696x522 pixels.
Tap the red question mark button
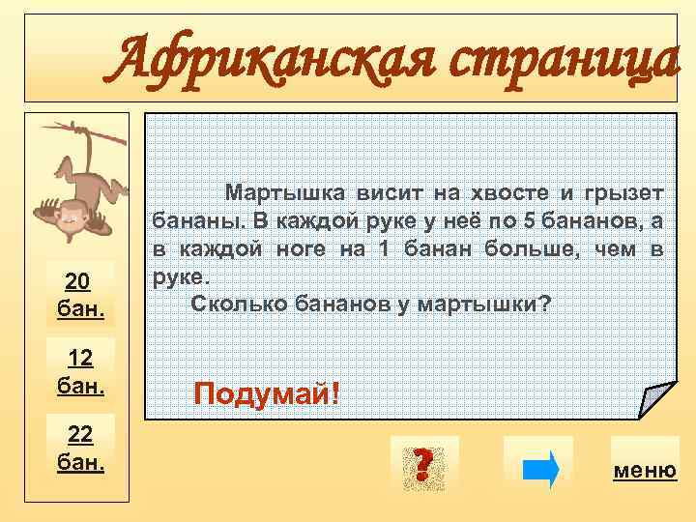click(x=420, y=464)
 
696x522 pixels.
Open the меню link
click(x=645, y=471)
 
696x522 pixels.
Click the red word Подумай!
click(x=267, y=393)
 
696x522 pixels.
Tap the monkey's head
click(x=65, y=220)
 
